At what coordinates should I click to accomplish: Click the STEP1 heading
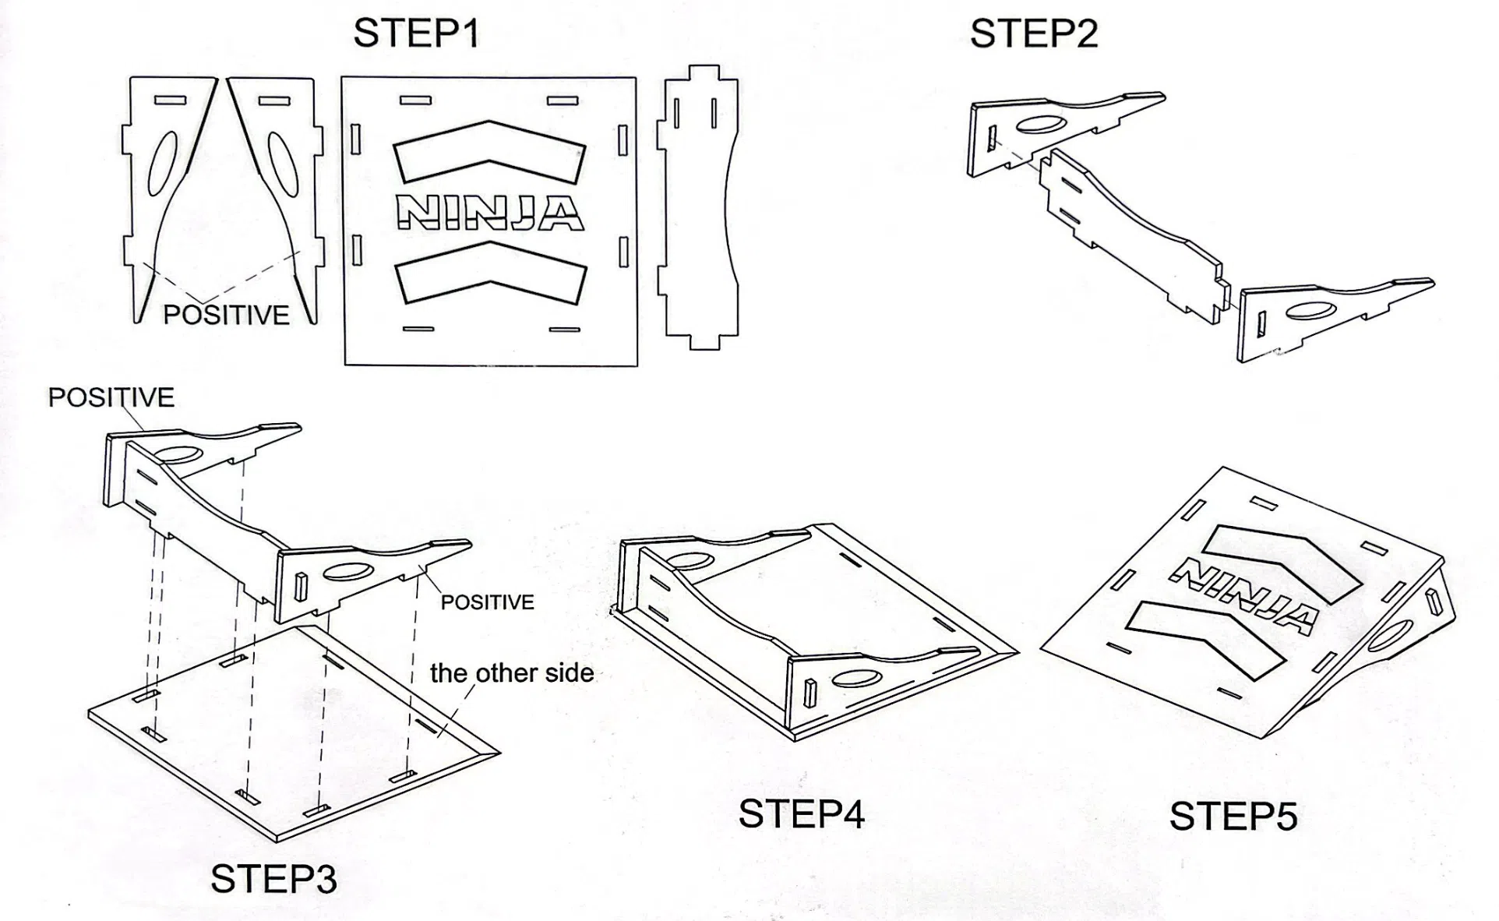tap(416, 34)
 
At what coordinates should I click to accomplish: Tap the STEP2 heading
tap(1033, 34)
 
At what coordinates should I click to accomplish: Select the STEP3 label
tap(273, 879)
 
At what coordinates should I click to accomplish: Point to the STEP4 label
tap(801, 814)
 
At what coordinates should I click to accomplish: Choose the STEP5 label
tap(1233, 817)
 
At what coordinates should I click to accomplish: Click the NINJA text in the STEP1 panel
tap(489, 212)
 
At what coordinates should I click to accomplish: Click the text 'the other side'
tap(512, 673)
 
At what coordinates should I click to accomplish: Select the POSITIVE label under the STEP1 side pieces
tap(226, 315)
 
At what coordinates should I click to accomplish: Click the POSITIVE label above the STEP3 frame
tap(111, 397)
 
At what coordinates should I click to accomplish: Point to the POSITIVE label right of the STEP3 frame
tap(487, 602)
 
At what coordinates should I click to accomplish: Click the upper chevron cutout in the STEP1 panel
tap(489, 151)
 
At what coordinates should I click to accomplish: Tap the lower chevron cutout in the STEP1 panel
tap(489, 273)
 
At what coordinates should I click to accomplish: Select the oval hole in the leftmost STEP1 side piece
tap(162, 164)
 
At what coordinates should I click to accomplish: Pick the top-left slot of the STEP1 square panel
tap(415, 101)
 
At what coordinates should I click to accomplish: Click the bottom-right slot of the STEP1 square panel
tap(564, 330)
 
